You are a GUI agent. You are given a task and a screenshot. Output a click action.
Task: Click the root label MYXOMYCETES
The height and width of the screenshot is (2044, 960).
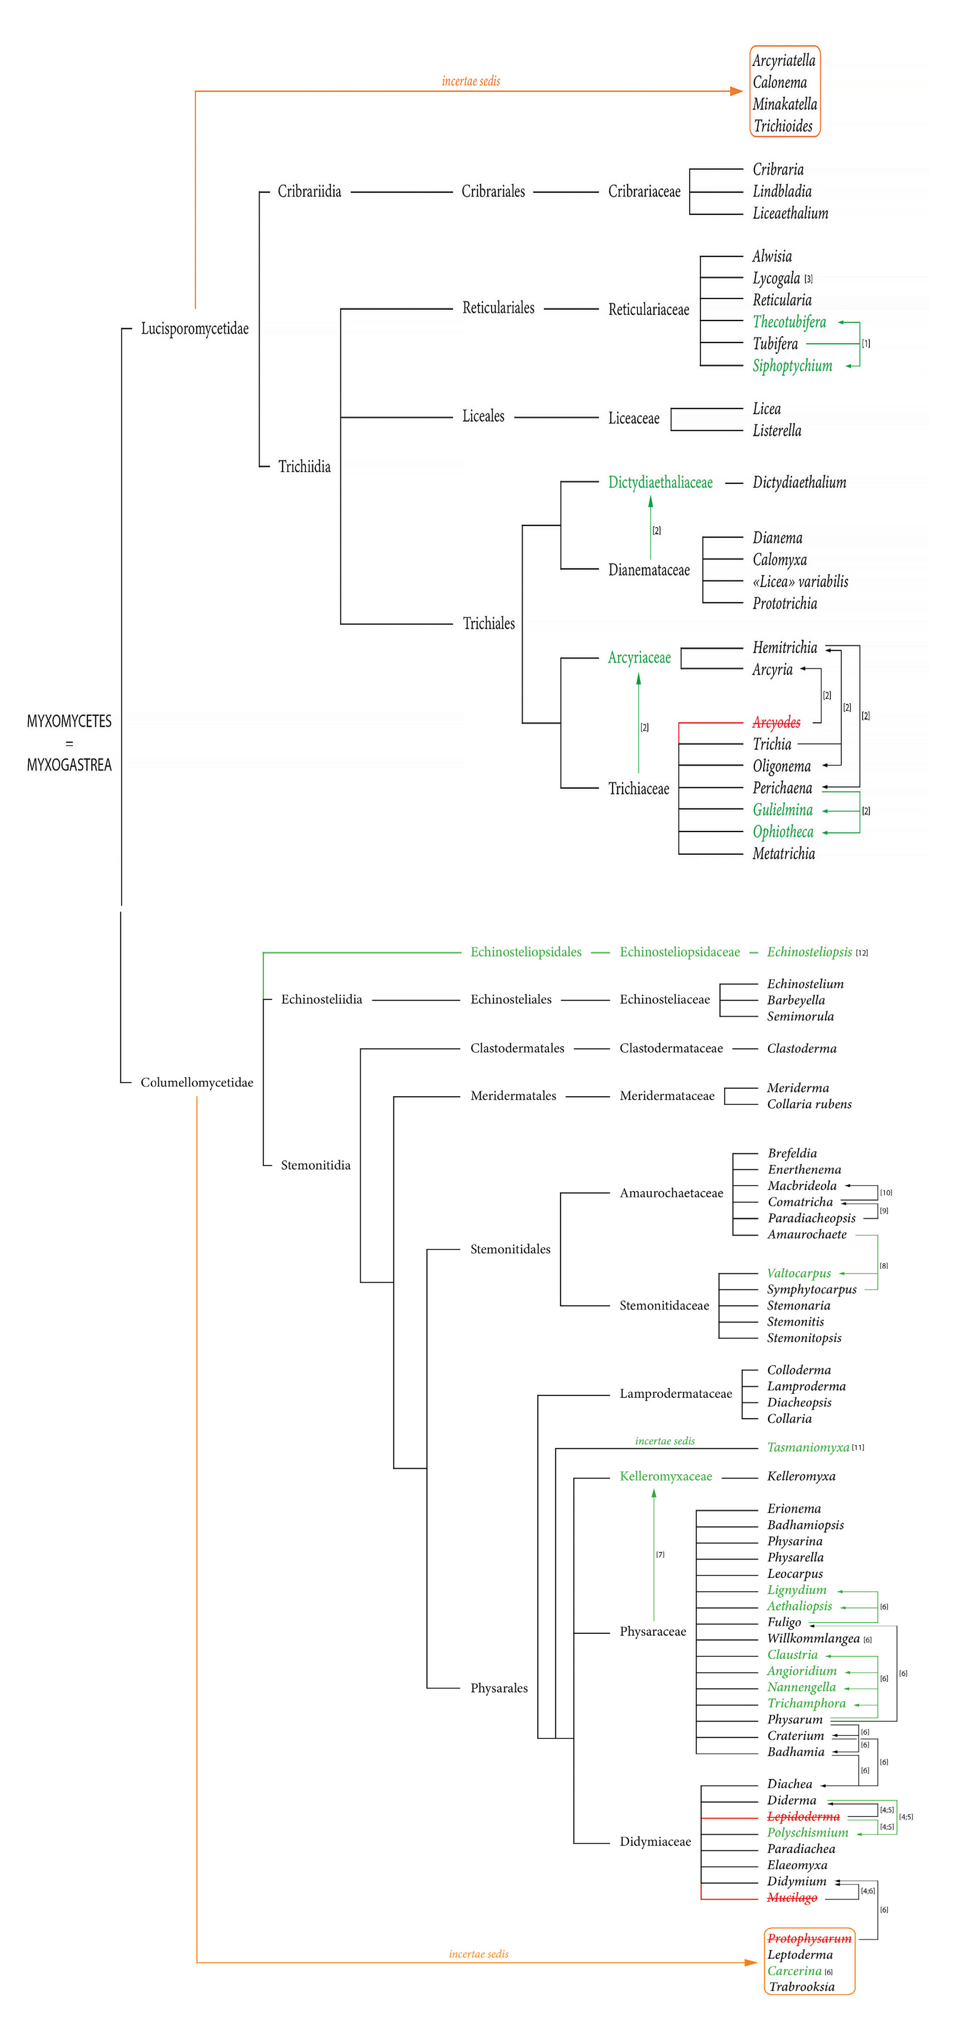[69, 721]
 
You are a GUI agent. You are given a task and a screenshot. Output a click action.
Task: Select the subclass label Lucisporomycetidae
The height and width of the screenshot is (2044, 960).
[195, 328]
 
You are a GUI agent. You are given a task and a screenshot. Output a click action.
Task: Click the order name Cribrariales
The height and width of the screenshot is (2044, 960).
[493, 191]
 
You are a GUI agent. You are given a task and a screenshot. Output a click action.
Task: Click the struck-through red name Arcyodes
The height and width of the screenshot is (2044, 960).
[776, 722]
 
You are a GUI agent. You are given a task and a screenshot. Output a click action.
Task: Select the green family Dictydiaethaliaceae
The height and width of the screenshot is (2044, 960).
[660, 482]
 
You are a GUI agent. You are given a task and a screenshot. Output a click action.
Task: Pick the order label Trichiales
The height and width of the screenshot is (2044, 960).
[488, 624]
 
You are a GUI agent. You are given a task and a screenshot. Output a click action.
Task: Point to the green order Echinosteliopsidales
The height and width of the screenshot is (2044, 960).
[526, 952]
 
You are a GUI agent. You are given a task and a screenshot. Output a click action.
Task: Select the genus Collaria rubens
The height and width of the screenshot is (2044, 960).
[808, 1104]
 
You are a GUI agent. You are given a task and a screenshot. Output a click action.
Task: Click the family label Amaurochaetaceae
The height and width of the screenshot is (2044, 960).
[671, 1192]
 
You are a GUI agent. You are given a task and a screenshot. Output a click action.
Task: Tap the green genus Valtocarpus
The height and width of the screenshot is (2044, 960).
[798, 1273]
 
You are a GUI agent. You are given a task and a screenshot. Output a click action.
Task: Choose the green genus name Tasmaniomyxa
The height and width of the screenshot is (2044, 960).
[808, 1447]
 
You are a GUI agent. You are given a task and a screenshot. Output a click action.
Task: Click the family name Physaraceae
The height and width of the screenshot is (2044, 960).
[653, 1631]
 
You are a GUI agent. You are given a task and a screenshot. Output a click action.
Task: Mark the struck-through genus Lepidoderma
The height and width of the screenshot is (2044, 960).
[803, 1816]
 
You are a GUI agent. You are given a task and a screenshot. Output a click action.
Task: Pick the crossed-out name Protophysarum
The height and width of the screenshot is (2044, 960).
[808, 1939]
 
